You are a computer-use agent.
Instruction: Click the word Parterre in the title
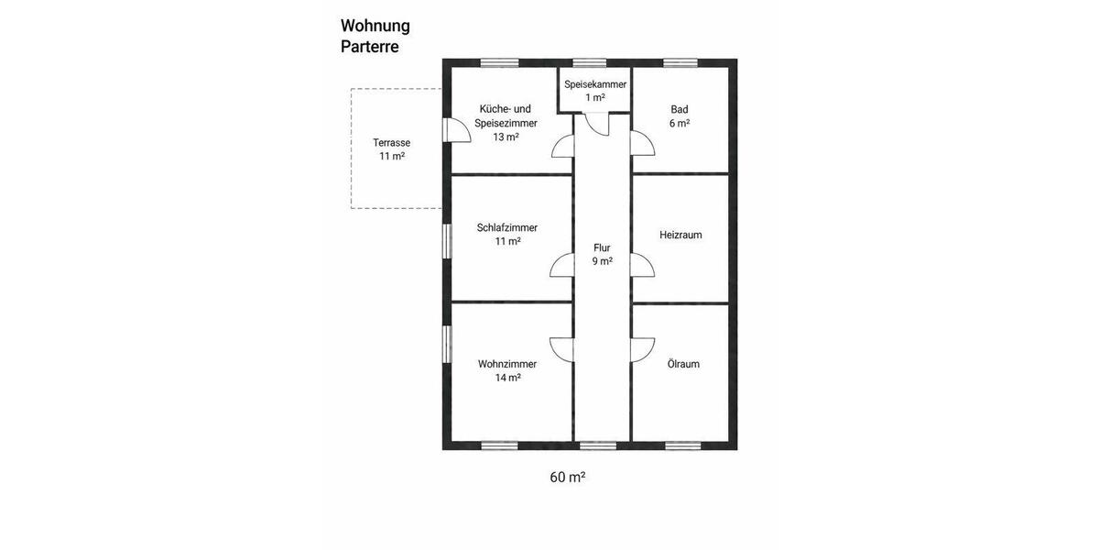pos(370,47)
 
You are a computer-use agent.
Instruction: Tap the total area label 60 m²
pos(567,477)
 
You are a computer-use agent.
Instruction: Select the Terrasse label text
pos(391,142)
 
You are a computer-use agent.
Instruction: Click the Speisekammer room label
pos(595,84)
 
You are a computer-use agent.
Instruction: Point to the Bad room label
pos(679,109)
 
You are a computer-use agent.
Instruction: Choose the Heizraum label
pos(680,235)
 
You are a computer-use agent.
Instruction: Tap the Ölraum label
pos(683,364)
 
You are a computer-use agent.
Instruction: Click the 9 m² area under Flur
pos(602,261)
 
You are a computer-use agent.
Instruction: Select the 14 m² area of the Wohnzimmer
pos(507,378)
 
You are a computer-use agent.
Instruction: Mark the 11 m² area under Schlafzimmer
pos(507,241)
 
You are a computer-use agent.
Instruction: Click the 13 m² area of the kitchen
pos(506,137)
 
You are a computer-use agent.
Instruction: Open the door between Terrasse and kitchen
pos(455,130)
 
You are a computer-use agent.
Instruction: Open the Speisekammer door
pos(596,123)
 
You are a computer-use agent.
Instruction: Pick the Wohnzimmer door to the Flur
pos(560,349)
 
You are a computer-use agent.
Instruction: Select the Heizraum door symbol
pos(643,265)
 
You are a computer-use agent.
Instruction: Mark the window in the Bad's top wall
pos(680,63)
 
